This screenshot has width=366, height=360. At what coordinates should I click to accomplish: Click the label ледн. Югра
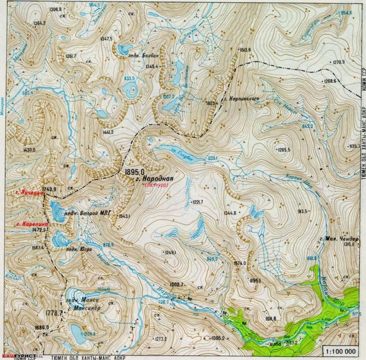coord(79,249)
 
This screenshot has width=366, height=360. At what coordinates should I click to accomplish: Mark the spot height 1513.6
coord(245,50)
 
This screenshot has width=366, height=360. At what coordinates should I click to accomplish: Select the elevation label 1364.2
coord(39,23)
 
